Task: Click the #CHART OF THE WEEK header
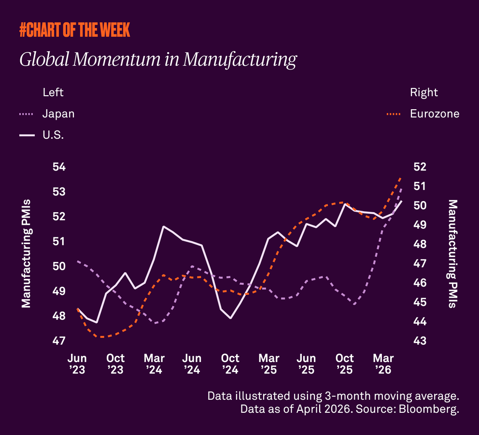coord(74,30)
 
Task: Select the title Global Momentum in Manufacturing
coord(157,59)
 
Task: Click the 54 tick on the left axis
coord(58,167)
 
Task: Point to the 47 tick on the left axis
coord(58,341)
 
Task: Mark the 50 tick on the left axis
coord(58,266)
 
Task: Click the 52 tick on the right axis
coord(420,167)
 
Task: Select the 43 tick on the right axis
coord(420,341)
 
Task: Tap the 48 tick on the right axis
coord(420,245)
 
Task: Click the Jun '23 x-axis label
coord(77,364)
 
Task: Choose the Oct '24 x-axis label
coord(230,364)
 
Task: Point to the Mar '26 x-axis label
coord(383,364)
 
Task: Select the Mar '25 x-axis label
coord(268,364)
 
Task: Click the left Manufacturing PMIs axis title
coord(26,253)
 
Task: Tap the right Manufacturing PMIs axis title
coord(452,253)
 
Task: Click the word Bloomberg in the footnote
coord(432,410)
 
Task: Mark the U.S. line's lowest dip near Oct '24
coord(231,318)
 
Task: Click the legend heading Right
coord(424,92)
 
